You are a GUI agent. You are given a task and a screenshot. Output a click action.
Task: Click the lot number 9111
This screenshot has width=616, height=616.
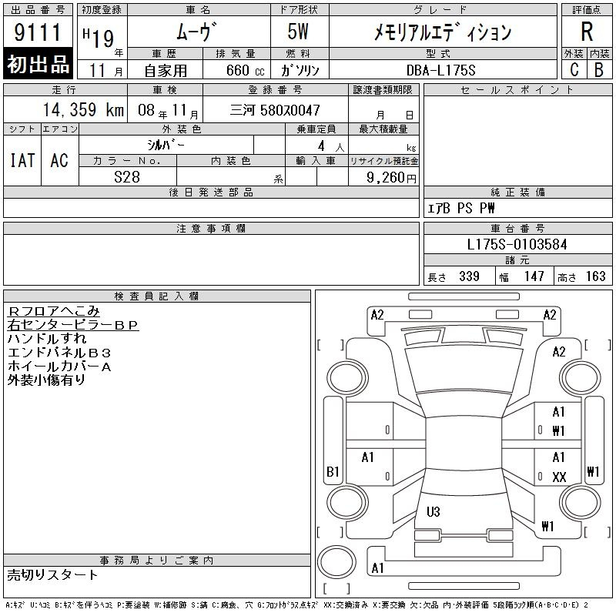coord(37,32)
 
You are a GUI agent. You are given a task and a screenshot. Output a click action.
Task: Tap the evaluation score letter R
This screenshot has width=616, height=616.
coord(587,32)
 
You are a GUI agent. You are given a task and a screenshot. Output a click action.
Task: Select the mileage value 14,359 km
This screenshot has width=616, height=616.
coord(83,110)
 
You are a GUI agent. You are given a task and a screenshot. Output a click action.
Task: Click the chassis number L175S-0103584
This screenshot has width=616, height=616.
coord(517,244)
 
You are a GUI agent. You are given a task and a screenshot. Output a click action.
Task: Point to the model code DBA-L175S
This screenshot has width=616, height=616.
coord(440,70)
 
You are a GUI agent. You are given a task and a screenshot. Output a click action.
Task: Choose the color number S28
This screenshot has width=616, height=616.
coord(127,177)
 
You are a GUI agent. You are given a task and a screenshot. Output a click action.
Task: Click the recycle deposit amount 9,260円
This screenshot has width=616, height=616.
coord(391,178)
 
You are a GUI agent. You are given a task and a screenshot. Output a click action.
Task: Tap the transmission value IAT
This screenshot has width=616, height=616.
coord(22,160)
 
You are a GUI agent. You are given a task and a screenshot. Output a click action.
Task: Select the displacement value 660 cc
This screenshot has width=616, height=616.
coord(245,70)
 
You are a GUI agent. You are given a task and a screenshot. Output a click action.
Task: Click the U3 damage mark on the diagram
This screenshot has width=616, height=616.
coord(434,511)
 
